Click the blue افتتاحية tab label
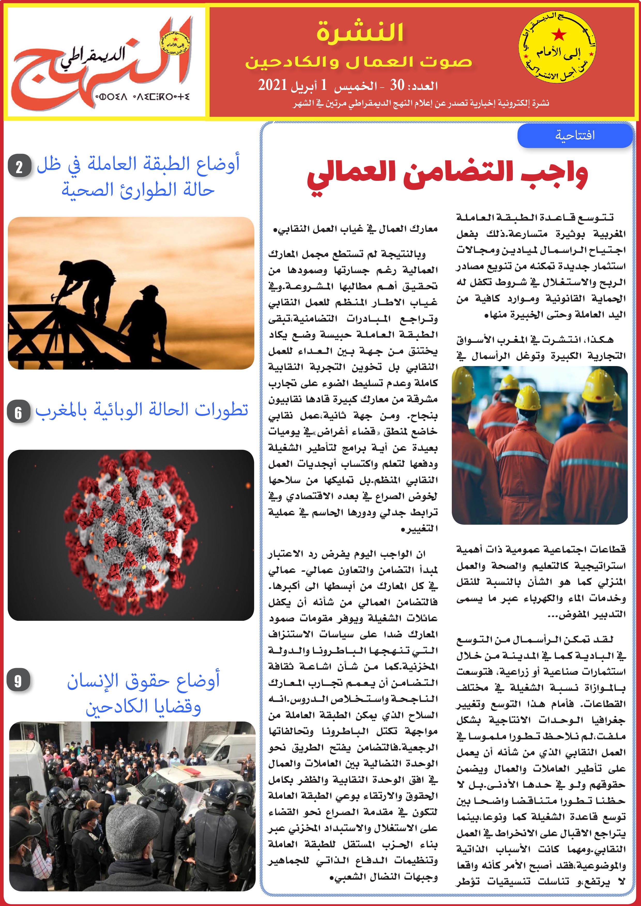coord(574,135)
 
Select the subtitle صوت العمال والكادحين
coord(358,62)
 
